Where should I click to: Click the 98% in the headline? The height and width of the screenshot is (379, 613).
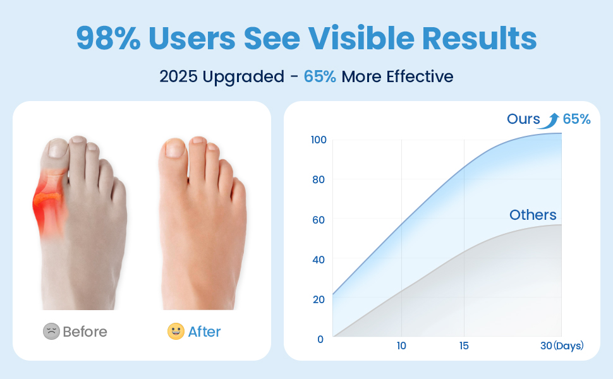click(x=108, y=38)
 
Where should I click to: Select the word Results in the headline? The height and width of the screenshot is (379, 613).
click(x=480, y=38)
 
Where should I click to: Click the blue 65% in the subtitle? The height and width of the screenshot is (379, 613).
click(x=320, y=76)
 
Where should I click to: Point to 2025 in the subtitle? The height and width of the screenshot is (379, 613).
click(x=178, y=76)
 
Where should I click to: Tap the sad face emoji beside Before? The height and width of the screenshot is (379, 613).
click(x=51, y=332)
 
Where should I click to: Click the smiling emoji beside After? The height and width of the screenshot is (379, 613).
click(x=176, y=332)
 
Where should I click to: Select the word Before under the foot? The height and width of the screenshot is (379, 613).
click(x=85, y=332)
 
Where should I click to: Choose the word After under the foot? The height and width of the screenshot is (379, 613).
click(x=205, y=332)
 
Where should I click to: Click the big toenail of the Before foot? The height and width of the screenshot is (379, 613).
click(x=58, y=148)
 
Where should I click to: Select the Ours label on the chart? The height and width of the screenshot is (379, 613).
click(x=523, y=119)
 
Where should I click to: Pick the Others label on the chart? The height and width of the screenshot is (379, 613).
click(x=533, y=215)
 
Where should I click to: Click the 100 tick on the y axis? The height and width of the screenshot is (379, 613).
click(x=319, y=140)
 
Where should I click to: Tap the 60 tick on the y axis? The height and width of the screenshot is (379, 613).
click(x=319, y=220)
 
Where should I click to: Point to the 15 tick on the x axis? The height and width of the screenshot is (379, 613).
click(x=464, y=346)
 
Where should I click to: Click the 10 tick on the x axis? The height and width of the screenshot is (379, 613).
click(x=401, y=346)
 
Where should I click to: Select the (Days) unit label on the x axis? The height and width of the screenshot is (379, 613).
click(x=568, y=346)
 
